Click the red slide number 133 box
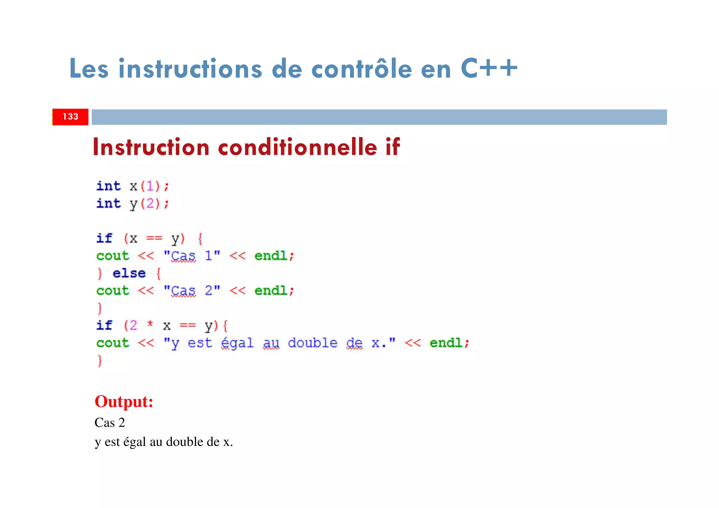70,117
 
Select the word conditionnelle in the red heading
297,147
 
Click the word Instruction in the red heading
151,147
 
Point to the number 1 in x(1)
150,186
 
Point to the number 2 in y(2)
150,204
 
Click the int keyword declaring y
108,204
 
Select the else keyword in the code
129,273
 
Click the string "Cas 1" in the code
192,256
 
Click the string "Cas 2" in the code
192,291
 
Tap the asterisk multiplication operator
150,324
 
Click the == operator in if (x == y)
154,239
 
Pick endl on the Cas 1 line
271,256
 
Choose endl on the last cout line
446,343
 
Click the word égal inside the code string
237,343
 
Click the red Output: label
124,402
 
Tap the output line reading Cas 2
110,423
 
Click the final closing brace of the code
100,361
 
